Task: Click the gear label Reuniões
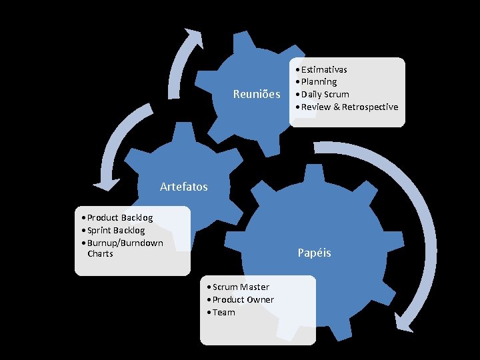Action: [x=257, y=95]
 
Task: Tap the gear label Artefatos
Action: [x=184, y=187]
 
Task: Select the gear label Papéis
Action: [x=314, y=253]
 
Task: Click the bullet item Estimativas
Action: [x=323, y=69]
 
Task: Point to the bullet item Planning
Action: [x=319, y=81]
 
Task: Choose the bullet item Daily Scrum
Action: [x=325, y=94]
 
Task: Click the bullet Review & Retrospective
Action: [x=349, y=107]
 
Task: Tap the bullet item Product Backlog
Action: [x=119, y=217]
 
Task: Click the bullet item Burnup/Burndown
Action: [x=125, y=242]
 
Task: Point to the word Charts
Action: [x=100, y=253]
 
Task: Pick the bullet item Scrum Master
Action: [x=241, y=287]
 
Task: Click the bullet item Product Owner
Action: [x=243, y=299]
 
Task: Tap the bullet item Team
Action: [x=223, y=312]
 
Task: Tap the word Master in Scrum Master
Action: [x=255, y=287]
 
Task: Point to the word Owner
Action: [x=261, y=299]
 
